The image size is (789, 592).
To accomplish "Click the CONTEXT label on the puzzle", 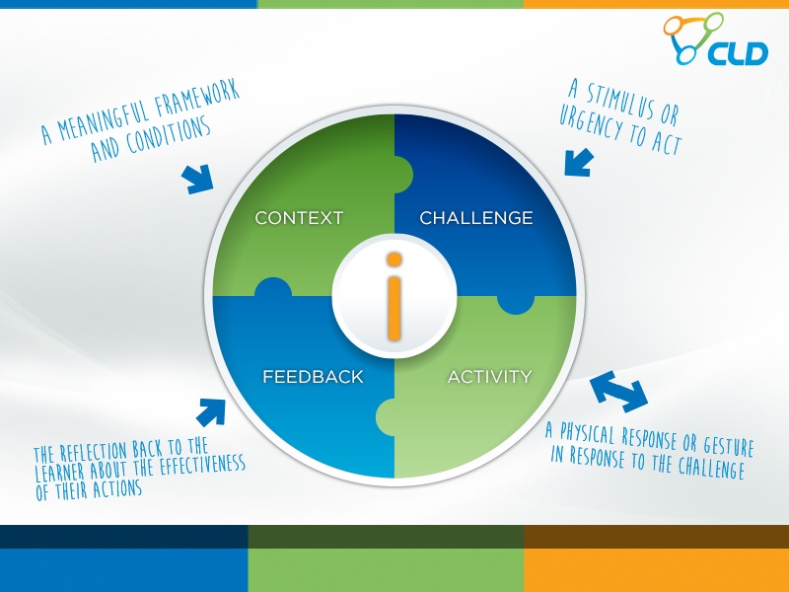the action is click(x=299, y=217).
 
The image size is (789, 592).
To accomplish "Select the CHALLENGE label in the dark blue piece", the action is click(x=476, y=217).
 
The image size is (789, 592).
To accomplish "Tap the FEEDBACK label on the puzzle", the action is click(x=313, y=377).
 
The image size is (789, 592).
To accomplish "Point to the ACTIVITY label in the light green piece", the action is click(x=489, y=377).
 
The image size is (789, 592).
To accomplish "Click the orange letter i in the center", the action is click(x=394, y=296).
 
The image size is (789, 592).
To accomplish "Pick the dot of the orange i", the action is click(x=394, y=259).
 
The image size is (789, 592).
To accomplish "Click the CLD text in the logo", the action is click(x=738, y=54).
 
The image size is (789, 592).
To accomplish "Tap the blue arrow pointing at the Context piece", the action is click(x=198, y=179).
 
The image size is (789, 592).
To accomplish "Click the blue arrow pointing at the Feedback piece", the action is click(x=211, y=412).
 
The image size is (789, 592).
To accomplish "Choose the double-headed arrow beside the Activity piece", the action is click(x=618, y=392).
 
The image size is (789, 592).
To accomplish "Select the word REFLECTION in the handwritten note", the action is click(x=94, y=451).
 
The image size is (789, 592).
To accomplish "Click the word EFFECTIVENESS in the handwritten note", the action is click(x=202, y=466).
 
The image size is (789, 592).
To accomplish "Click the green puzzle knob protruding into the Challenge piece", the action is click(x=403, y=175).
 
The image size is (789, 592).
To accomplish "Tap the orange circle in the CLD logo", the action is click(x=675, y=26).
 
